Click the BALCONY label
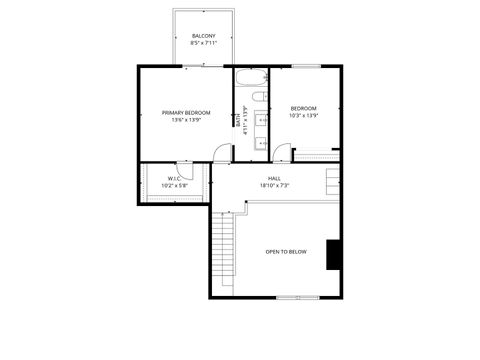click(204, 36)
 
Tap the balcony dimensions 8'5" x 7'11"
click(204, 43)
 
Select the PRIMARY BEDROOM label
click(186, 113)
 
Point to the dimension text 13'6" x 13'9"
click(186, 120)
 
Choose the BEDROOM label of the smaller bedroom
click(304, 108)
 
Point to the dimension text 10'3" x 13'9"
click(304, 115)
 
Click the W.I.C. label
click(174, 178)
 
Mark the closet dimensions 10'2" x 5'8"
click(174, 185)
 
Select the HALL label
click(274, 178)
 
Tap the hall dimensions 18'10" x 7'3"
click(274, 185)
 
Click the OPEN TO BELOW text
click(286, 251)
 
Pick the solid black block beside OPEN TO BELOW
click(334, 255)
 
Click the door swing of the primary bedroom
click(222, 152)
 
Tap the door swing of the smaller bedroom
click(281, 153)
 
